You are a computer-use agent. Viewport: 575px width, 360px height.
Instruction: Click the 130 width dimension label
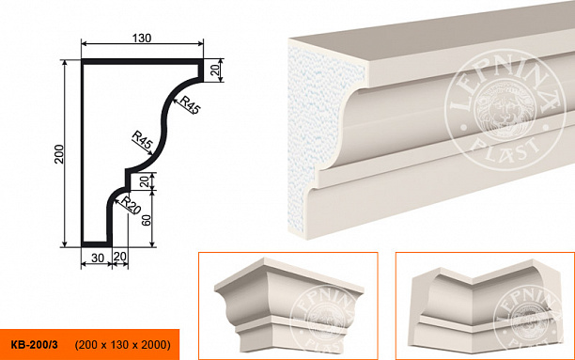click(142, 38)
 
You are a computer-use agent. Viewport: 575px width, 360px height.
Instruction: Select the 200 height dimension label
click(59, 154)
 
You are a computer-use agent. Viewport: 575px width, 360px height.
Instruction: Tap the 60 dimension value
click(147, 220)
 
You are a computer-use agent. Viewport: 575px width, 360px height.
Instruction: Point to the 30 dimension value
click(98, 258)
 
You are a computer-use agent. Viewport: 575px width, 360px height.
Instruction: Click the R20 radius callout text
click(131, 206)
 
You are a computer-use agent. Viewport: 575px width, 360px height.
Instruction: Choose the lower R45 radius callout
click(142, 140)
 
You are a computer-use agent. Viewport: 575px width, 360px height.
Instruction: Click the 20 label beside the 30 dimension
click(120, 257)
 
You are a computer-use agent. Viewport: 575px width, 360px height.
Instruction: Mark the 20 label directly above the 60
click(147, 180)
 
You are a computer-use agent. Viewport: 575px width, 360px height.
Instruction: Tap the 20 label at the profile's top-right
click(216, 69)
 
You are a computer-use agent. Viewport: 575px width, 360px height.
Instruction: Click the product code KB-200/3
click(34, 345)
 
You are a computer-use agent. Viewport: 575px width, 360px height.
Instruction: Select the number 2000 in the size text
click(155, 345)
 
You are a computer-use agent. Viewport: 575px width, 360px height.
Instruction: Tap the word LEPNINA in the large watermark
click(505, 79)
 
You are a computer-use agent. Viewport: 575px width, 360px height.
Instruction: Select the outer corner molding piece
click(289, 305)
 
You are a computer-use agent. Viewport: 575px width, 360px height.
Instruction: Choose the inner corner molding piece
click(484, 308)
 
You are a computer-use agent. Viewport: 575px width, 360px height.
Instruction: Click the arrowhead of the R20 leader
click(116, 200)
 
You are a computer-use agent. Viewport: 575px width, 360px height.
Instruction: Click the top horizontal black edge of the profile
click(142, 62)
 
